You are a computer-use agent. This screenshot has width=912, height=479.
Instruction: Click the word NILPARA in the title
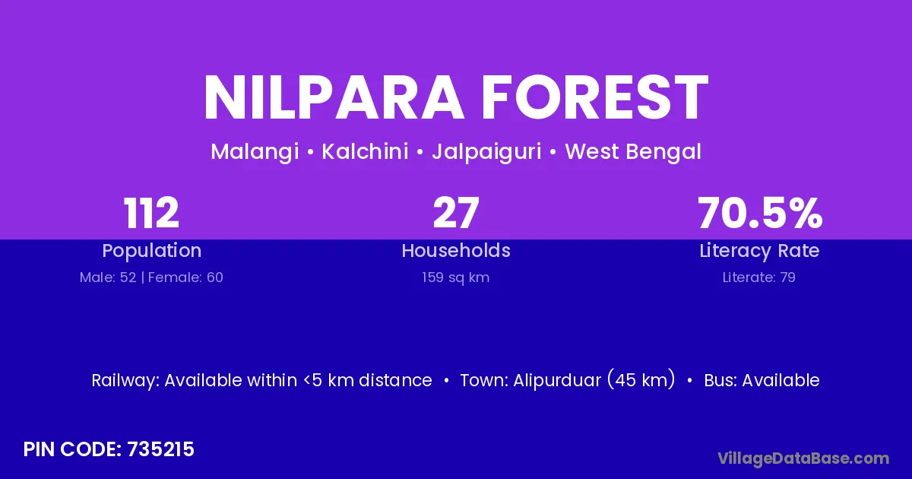tap(334, 98)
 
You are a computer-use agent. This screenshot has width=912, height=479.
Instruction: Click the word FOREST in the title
tap(595, 98)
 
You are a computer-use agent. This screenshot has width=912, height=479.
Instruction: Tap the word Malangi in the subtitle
tap(255, 152)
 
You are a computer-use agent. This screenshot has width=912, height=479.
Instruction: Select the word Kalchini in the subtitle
tap(366, 151)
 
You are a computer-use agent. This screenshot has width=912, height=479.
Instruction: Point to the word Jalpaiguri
tap(486, 152)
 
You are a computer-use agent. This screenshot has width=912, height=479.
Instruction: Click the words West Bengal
tap(633, 152)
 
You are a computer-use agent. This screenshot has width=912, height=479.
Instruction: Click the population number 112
tap(151, 213)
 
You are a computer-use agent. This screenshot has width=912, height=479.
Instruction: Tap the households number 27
tap(456, 213)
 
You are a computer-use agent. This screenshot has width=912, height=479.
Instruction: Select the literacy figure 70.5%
tap(760, 213)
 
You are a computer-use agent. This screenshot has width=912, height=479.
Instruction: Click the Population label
tap(152, 251)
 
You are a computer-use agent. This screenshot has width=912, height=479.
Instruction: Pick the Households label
tap(456, 250)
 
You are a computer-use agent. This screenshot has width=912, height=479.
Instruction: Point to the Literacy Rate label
tap(759, 251)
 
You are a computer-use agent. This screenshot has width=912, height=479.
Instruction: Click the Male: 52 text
tap(108, 278)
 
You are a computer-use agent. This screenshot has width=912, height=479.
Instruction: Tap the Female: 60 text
tap(185, 278)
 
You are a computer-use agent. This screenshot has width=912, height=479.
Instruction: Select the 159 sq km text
tap(455, 278)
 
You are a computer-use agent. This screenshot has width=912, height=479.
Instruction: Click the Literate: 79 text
tap(759, 278)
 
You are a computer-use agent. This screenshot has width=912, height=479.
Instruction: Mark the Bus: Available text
tap(762, 380)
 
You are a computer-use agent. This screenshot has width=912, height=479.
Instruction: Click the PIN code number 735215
tap(161, 449)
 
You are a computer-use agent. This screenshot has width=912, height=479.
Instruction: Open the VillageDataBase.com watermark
tap(803, 459)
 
